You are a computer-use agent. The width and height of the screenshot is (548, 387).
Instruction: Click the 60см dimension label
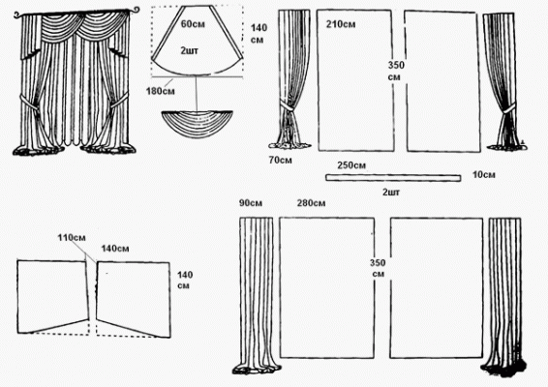coord(193,24)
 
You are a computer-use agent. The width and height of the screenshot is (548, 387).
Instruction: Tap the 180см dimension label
coord(161,91)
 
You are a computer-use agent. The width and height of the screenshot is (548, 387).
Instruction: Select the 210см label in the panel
coord(341,24)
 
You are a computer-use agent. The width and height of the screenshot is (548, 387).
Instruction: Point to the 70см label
coord(280,160)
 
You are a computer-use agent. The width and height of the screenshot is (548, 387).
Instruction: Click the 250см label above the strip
coord(351,165)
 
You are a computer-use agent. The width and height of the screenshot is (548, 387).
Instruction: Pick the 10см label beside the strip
coord(484,174)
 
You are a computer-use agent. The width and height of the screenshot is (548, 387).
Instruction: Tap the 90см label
coord(251,203)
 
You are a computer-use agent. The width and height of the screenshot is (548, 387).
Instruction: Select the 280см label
coord(311,203)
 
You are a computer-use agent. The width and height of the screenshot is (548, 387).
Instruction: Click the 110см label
coord(72,238)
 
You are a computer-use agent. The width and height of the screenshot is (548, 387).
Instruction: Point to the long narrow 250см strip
coord(393,178)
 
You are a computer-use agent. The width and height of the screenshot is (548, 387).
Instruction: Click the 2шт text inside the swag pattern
coord(190,50)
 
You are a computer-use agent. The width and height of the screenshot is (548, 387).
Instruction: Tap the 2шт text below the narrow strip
coord(391,193)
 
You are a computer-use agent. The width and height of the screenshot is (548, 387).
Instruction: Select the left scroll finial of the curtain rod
coord(18,15)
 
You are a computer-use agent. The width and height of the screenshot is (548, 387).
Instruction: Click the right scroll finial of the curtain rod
coord(135,10)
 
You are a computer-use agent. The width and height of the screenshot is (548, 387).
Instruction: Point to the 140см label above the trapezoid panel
coord(115,249)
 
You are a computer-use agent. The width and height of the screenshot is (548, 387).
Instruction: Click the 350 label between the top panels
coord(396,66)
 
